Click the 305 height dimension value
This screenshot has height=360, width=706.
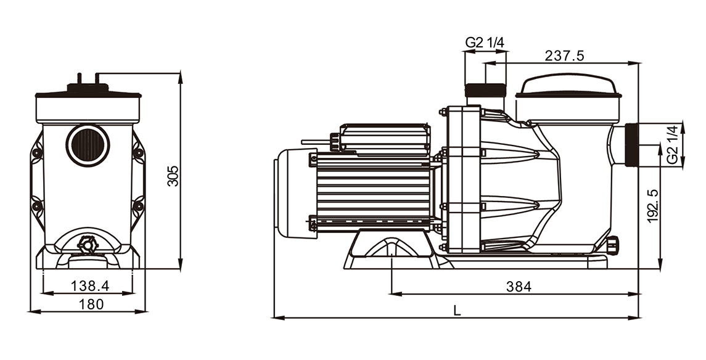click(x=173, y=176)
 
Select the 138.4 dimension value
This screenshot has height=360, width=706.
click(x=90, y=285)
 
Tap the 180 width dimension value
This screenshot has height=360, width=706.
click(x=91, y=304)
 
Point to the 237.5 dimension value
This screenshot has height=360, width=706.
click(x=565, y=55)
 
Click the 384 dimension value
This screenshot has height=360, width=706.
click(x=519, y=286)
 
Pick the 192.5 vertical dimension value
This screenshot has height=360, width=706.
click(x=653, y=206)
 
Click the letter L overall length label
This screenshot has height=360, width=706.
click(x=457, y=311)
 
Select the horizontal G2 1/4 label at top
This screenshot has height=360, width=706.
click(x=485, y=43)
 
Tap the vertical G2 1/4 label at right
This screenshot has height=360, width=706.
click(x=672, y=145)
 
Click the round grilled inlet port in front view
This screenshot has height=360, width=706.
click(x=88, y=145)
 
